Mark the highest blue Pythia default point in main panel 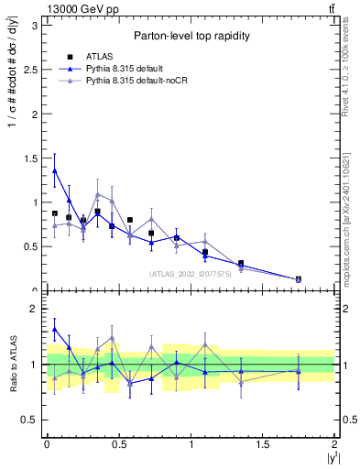tap(55, 170)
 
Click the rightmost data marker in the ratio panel tap(299, 371)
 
